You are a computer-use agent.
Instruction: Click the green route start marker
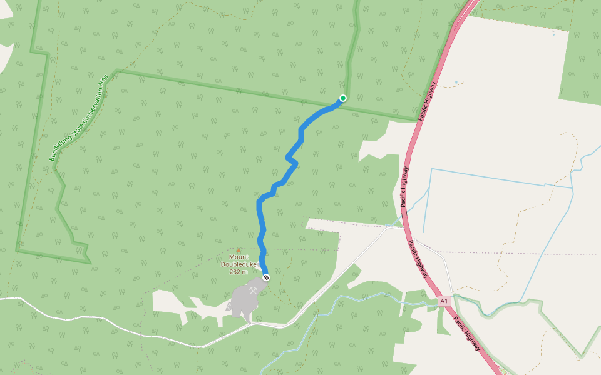pos(343,98)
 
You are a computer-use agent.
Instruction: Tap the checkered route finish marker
pos(266,277)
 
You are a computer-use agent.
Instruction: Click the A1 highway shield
pos(444,301)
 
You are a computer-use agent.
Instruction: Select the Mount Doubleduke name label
pos(238,261)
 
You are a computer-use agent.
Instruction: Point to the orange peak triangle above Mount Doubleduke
pos(239,251)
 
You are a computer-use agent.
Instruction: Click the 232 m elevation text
pos(239,272)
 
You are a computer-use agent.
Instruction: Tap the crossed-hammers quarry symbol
pos(252,291)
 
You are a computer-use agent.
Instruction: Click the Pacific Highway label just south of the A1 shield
pos(466,334)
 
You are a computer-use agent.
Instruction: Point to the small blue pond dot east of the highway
pos(456,82)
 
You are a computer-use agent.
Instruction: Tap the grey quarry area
pos(243,302)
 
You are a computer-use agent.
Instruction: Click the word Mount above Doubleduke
pos(239,257)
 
